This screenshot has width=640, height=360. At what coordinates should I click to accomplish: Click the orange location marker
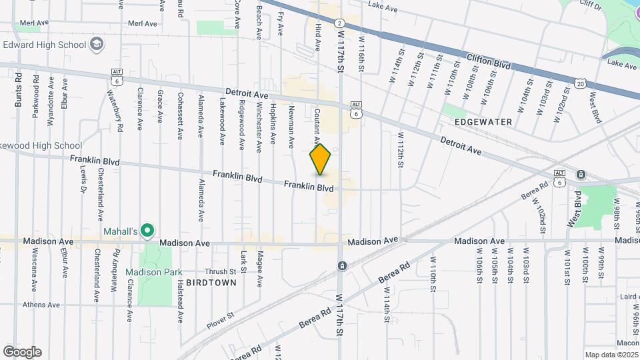point(320,159)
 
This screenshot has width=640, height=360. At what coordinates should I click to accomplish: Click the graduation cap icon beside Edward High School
point(97,45)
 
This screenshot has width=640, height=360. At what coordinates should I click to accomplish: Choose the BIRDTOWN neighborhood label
point(211,283)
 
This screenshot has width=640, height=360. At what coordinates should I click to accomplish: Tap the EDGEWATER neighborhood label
point(483,122)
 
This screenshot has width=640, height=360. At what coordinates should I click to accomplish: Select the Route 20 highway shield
point(580,83)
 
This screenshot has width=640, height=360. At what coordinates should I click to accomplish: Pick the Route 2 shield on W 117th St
point(339,22)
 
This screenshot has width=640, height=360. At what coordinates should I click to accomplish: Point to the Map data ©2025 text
point(611,355)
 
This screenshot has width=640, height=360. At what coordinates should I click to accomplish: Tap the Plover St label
point(220,315)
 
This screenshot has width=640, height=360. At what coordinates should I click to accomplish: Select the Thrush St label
point(220,271)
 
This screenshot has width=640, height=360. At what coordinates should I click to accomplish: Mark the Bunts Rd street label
point(18,91)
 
